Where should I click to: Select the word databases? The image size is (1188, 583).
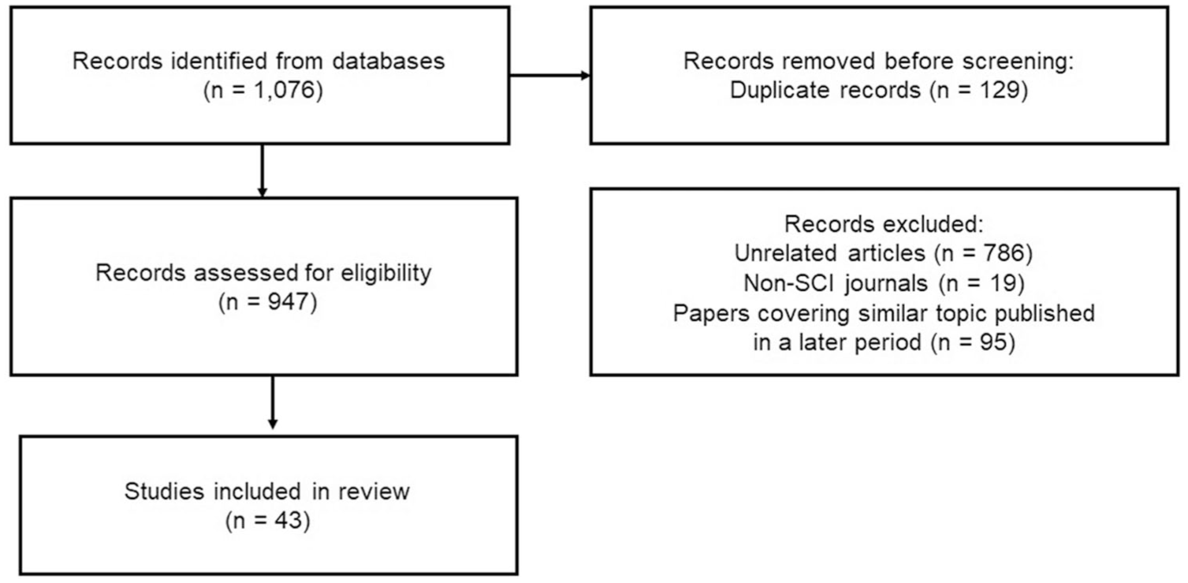pos(389,61)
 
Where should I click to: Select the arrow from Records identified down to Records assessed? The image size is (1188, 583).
pos(262,170)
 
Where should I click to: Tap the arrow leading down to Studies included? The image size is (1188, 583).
pos(273,402)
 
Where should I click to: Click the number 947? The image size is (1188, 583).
pos(288,302)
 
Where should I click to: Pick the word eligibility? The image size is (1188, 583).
pos(385,274)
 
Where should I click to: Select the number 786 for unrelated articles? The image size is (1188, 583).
pos(1004,253)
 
